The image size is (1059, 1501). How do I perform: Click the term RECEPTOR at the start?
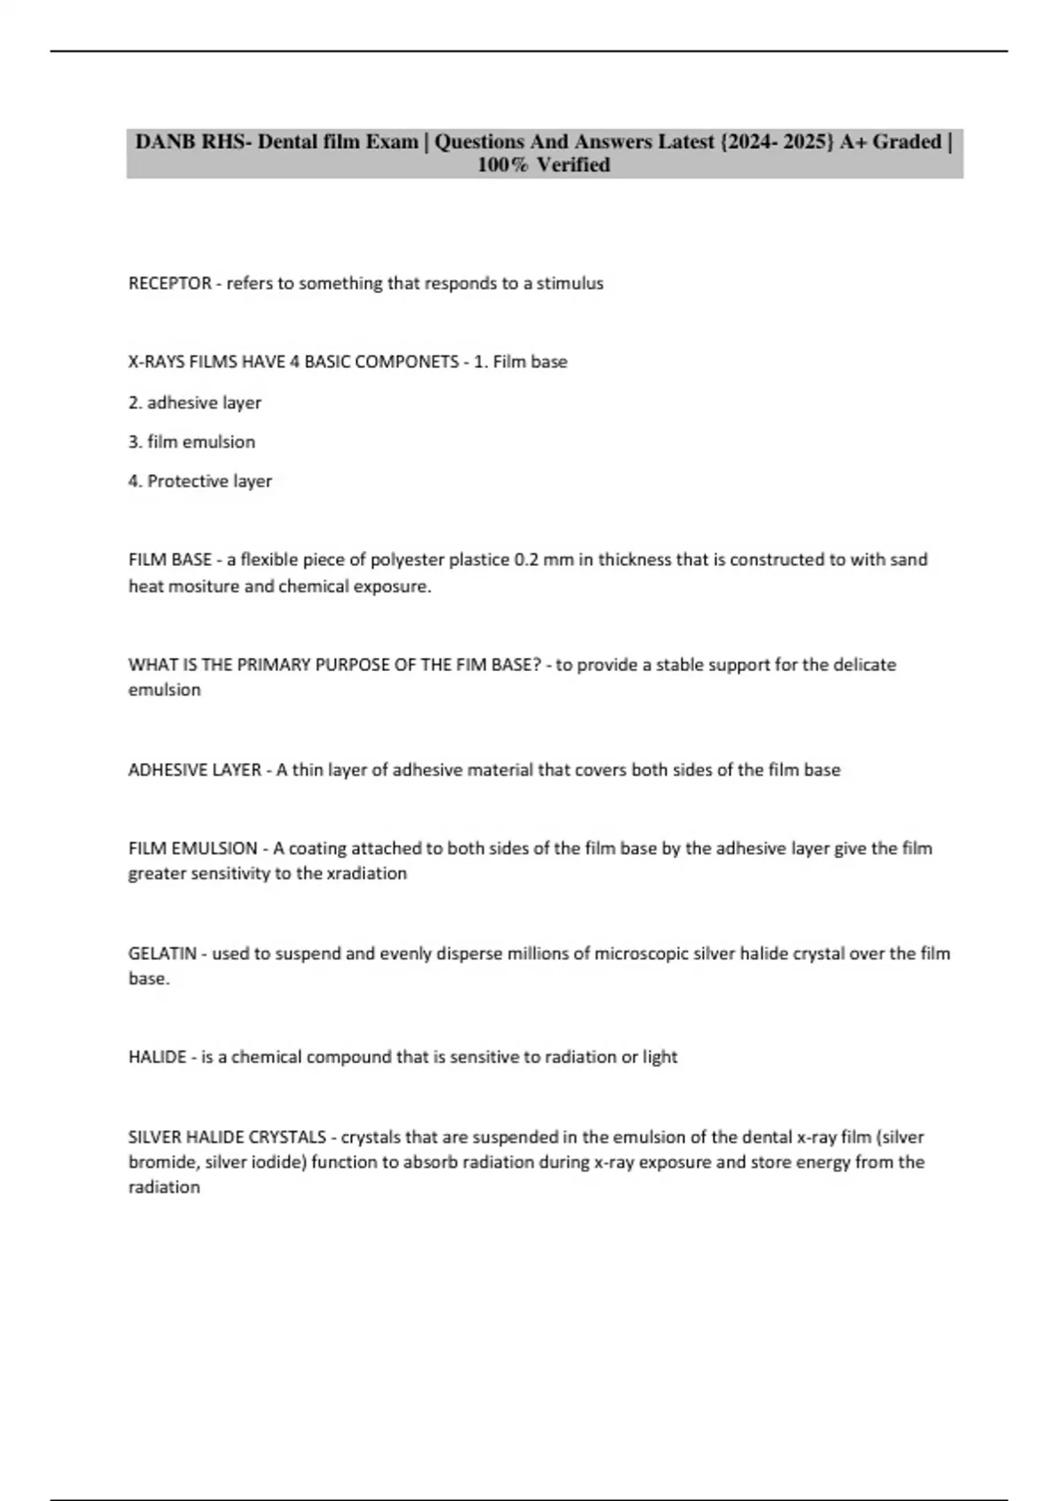pyautogui.click(x=169, y=283)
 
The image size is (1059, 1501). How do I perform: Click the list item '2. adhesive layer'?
pyautogui.click(x=195, y=403)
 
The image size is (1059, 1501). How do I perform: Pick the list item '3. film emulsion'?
pyautogui.click(x=192, y=441)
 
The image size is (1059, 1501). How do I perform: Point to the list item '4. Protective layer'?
pyautogui.click(x=200, y=481)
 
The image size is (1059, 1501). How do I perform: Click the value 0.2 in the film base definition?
pyautogui.click(x=526, y=560)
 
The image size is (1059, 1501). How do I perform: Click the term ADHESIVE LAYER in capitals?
pyautogui.click(x=194, y=770)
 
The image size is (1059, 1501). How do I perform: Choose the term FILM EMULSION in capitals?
pyautogui.click(x=192, y=849)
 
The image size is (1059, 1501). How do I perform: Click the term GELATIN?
pyautogui.click(x=162, y=954)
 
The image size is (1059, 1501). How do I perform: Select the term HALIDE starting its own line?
pyautogui.click(x=157, y=1057)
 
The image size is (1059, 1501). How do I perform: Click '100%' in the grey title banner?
pyautogui.click(x=503, y=165)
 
